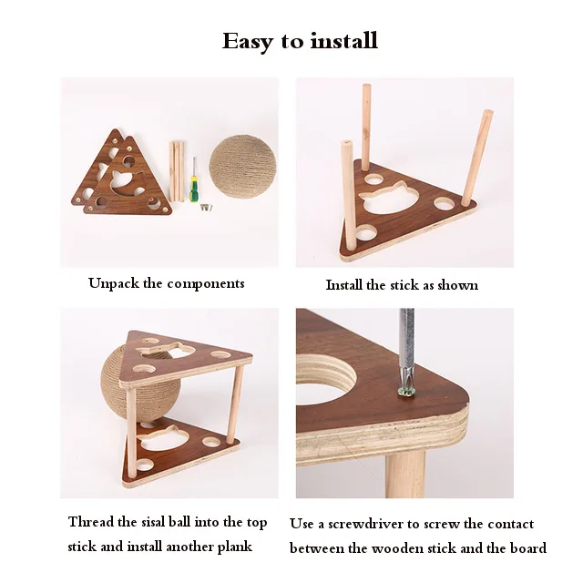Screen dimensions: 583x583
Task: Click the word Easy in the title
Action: pyautogui.click(x=247, y=41)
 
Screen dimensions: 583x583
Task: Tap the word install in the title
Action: pyautogui.click(x=343, y=41)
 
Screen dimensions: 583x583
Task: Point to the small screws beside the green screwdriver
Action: pyautogui.click(x=206, y=209)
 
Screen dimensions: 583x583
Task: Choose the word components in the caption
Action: pyautogui.click(x=206, y=283)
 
